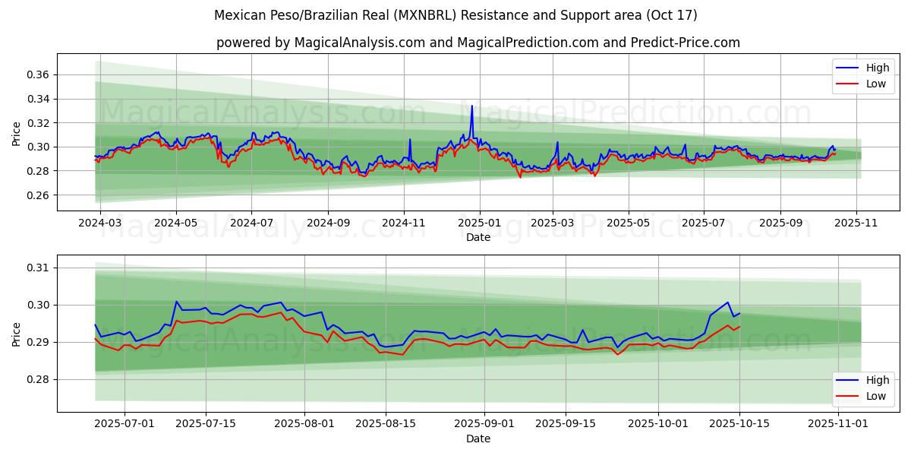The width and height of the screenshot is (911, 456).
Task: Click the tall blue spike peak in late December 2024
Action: coord(471,106)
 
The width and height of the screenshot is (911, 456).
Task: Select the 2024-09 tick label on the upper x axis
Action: coord(328,223)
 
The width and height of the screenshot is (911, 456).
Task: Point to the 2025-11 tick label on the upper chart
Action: coord(856,223)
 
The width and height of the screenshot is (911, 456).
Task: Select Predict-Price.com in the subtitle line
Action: coord(685,43)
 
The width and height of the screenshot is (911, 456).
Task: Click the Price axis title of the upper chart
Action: coord(17,134)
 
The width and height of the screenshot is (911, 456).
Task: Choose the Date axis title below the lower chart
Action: coord(478,439)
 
